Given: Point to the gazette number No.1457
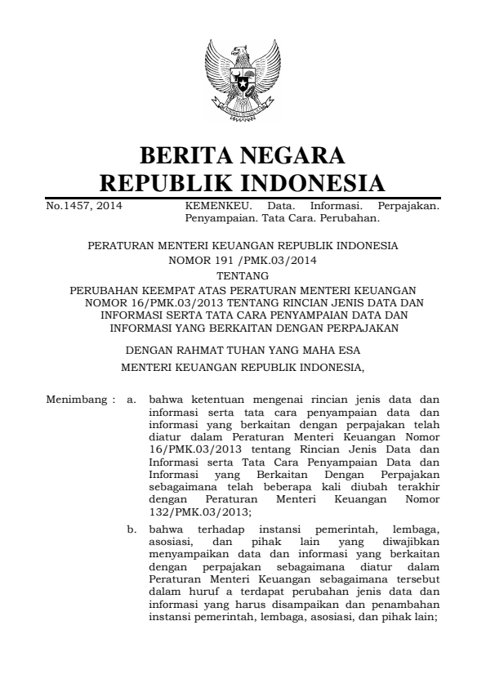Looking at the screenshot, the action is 85,208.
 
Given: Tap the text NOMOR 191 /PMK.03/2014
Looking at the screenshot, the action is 242,261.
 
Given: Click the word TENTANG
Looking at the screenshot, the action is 242,276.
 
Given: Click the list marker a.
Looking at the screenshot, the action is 131,401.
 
